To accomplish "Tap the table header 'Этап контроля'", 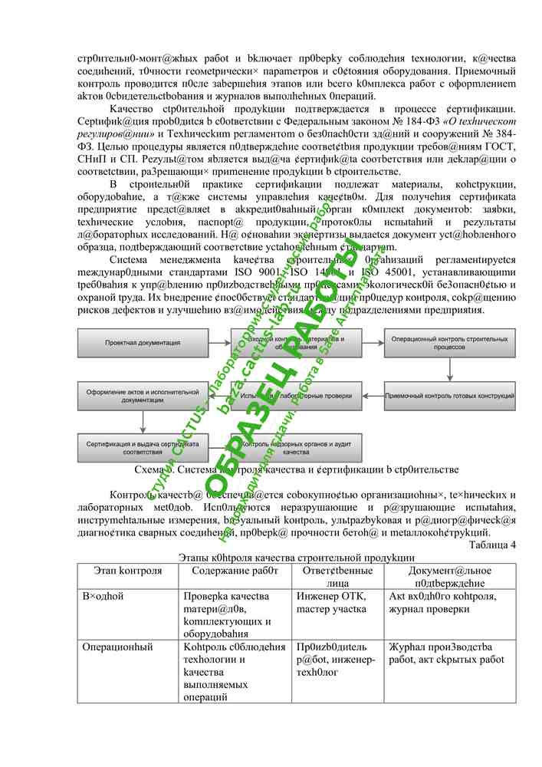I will (x=128, y=571).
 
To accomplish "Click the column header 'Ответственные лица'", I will (x=337, y=576).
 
